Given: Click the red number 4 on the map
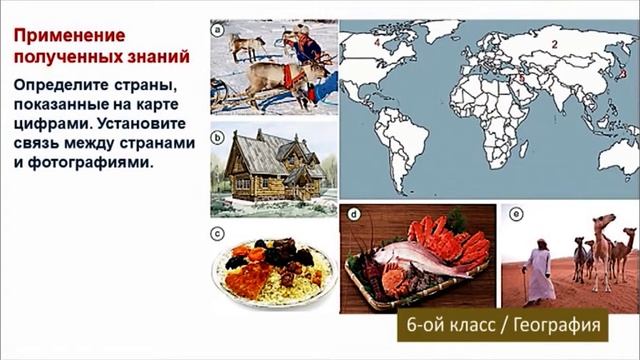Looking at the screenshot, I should [x=377, y=43].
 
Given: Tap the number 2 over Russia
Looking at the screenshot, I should [x=552, y=45].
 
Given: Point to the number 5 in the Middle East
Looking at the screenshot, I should [x=521, y=77].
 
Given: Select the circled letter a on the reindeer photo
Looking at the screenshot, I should [x=217, y=31].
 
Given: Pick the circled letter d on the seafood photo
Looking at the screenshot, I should [x=353, y=214].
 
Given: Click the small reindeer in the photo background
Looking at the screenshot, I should [x=245, y=44].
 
